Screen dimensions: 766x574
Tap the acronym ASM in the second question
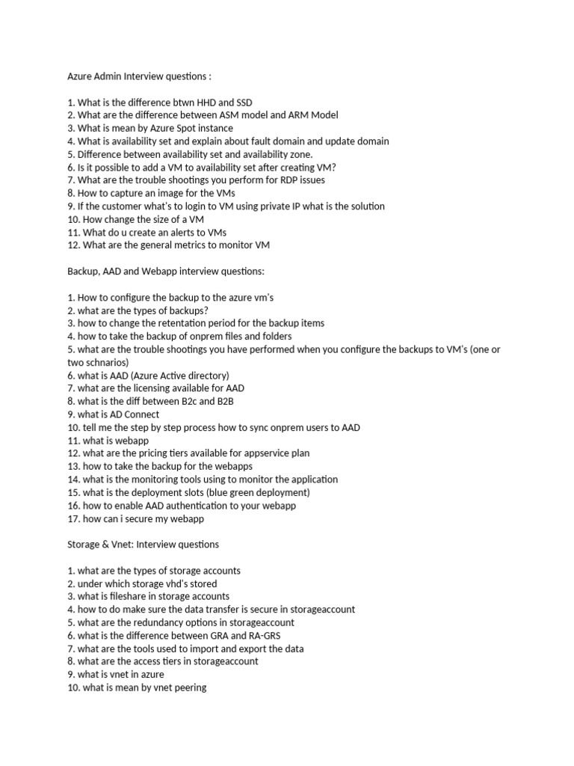(231, 114)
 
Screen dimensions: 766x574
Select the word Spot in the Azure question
(182, 128)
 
